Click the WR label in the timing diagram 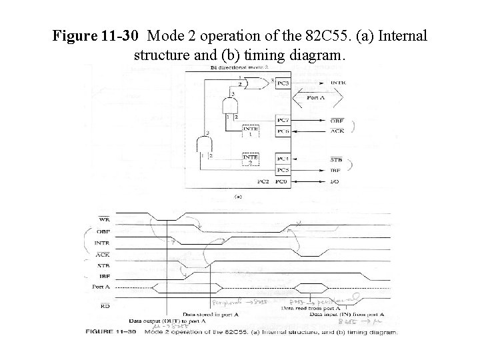[105, 219]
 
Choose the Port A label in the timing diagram [102, 287]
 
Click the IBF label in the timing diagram [105, 275]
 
